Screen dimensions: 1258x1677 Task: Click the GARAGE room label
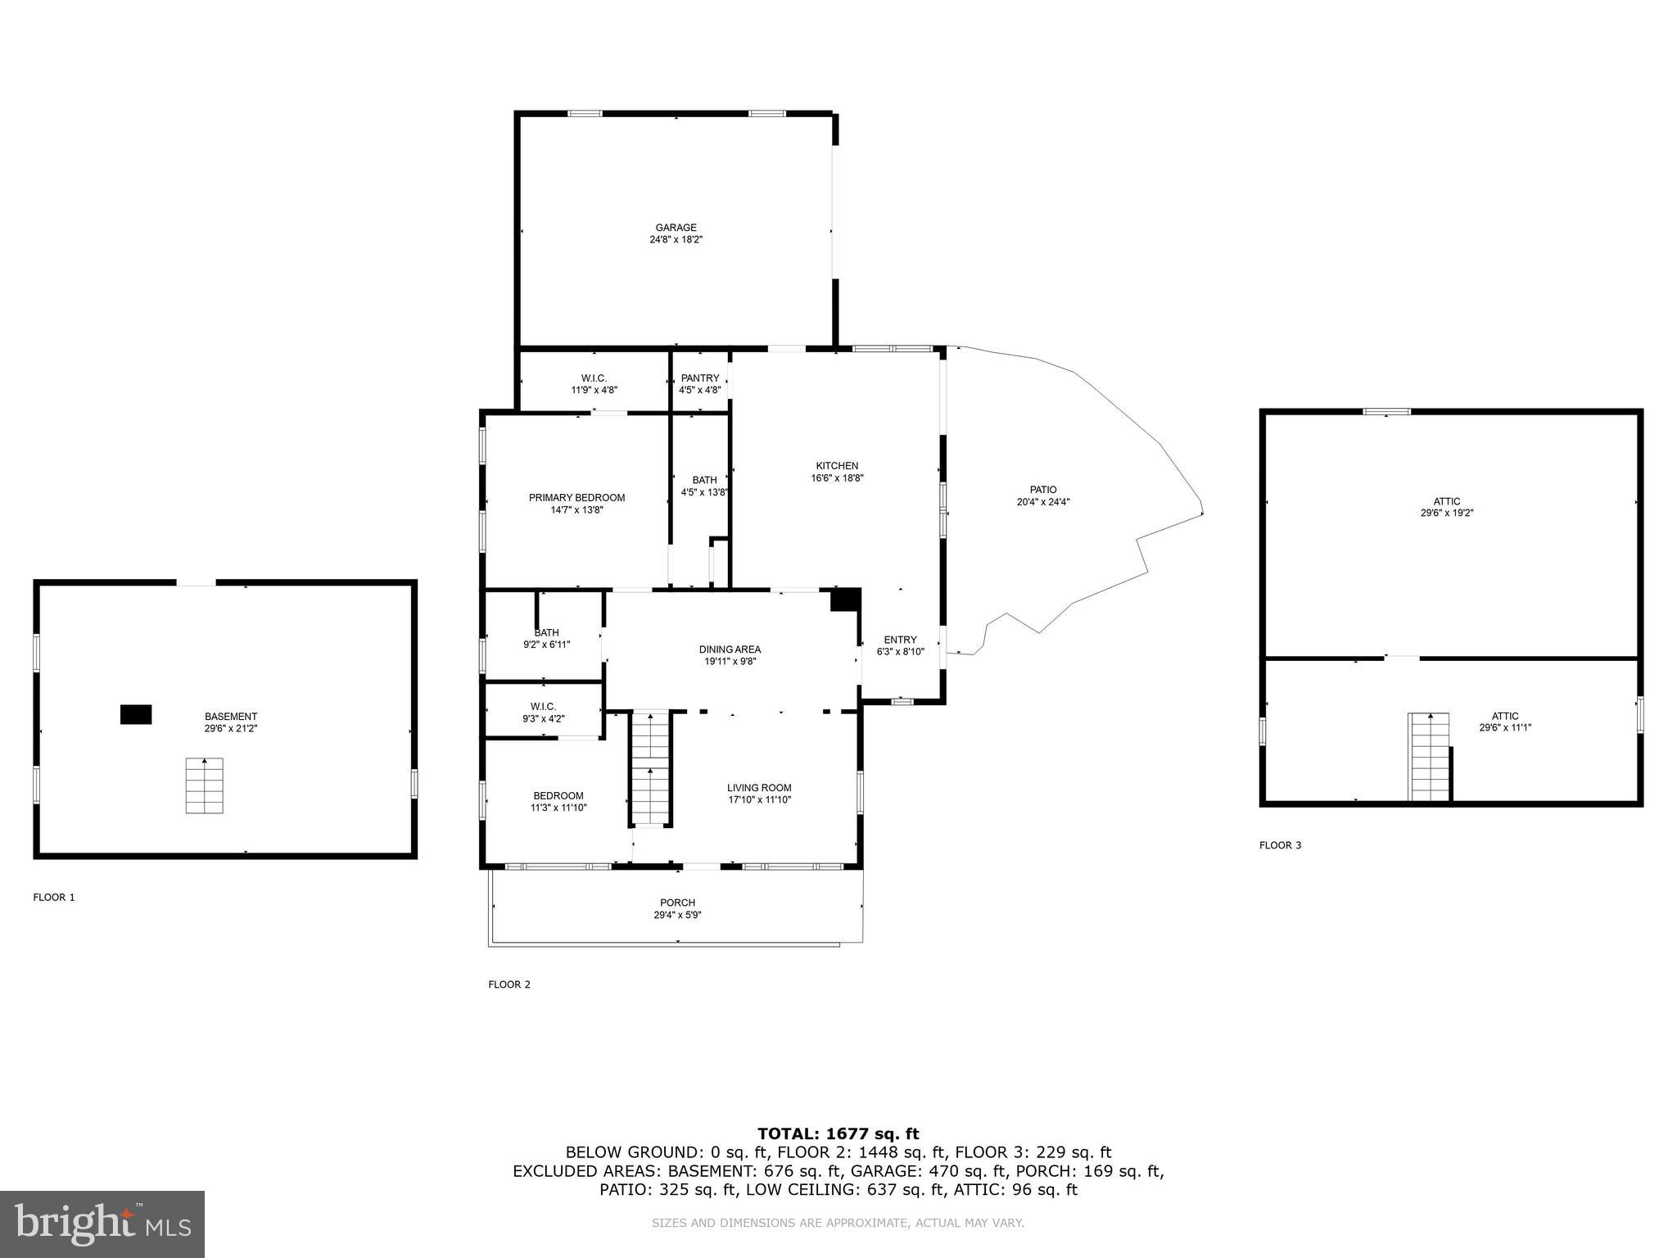click(x=676, y=228)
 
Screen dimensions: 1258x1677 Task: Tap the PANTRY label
click(x=700, y=378)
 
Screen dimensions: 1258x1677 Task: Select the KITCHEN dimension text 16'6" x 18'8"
click(x=837, y=477)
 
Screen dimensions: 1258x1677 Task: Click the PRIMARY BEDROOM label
click(x=576, y=498)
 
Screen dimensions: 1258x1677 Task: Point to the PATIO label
click(x=1043, y=490)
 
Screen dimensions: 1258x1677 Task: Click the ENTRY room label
click(x=900, y=640)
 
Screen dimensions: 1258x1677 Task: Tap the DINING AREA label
click(x=730, y=649)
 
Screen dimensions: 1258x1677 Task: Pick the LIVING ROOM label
click(x=759, y=788)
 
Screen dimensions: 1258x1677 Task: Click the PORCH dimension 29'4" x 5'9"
click(x=677, y=916)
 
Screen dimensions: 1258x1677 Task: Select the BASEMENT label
click(x=231, y=717)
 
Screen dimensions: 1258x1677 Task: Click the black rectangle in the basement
click(x=136, y=714)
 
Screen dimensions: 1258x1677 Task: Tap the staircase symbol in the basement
click(x=205, y=785)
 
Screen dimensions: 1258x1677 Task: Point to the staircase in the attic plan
click(x=1429, y=757)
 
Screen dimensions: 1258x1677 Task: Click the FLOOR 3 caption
click(x=1280, y=845)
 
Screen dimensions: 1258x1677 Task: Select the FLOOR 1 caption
click(x=54, y=897)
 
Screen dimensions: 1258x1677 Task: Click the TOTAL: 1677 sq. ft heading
click(x=838, y=1134)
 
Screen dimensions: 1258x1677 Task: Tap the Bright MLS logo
click(x=102, y=1224)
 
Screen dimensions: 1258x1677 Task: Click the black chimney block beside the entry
click(x=844, y=600)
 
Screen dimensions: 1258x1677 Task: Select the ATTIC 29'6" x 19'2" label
click(x=1447, y=507)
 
